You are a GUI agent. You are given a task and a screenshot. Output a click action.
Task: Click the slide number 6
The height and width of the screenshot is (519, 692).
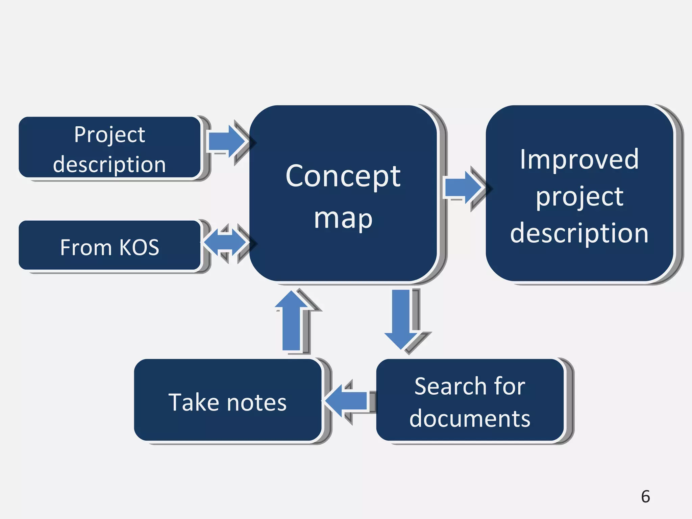645,496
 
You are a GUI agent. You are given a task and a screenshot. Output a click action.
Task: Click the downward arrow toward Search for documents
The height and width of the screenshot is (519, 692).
401,319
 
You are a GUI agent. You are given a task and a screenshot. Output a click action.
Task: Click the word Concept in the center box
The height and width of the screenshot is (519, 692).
343,176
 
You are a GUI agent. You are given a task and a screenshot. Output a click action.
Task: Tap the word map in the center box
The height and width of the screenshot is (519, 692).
343,219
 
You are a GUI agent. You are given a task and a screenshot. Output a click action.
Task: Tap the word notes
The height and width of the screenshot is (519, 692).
257,403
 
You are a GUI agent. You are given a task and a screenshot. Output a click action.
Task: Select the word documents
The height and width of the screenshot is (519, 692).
470,419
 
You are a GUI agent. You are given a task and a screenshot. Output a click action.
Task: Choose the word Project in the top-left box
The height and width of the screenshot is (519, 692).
109,135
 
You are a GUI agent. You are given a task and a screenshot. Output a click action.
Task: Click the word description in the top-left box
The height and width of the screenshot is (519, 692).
109,165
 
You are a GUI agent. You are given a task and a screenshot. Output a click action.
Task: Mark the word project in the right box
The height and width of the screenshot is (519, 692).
579,197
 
